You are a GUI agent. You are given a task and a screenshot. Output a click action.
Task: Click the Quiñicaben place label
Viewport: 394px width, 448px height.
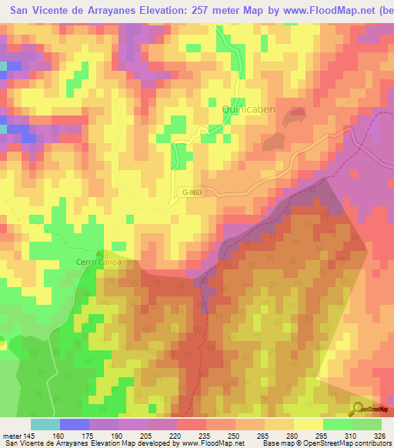pyautogui.click(x=248, y=110)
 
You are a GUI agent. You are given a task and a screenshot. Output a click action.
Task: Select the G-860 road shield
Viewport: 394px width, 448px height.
pyautogui.click(x=192, y=192)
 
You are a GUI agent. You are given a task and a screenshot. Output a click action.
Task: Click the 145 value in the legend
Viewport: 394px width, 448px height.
pyautogui.click(x=30, y=435)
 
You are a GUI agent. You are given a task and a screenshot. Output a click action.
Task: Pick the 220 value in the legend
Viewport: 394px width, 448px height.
pyautogui.click(x=175, y=435)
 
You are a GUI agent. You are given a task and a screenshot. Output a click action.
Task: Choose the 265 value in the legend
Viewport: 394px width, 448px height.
pyautogui.click(x=262, y=435)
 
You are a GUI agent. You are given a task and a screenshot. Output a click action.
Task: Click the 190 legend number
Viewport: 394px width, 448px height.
pyautogui.click(x=117, y=435)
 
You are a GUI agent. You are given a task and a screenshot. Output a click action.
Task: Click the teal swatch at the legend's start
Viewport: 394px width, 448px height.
pyautogui.click(x=45, y=424)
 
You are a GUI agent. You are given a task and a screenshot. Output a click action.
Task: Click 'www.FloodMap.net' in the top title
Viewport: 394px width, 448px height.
pyautogui.click(x=322, y=11)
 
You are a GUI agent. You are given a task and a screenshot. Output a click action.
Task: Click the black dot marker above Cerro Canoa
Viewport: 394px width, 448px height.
pyautogui.click(x=99, y=252)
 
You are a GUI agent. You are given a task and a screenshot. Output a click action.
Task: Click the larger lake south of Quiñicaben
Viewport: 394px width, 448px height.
pyautogui.click(x=271, y=142)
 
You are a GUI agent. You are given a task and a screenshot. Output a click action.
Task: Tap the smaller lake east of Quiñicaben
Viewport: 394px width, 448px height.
pyautogui.click(x=294, y=119)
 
